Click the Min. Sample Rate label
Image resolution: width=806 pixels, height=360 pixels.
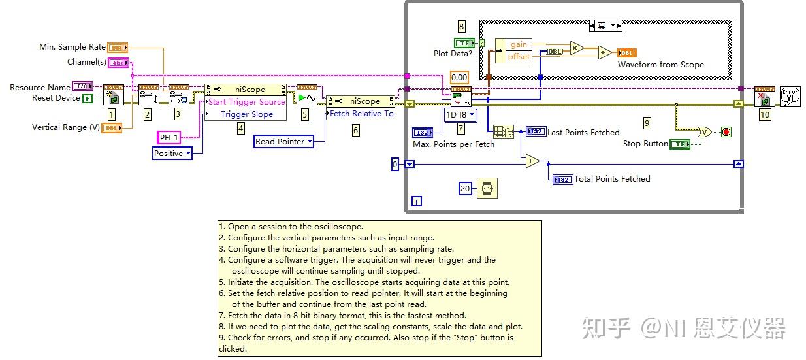73,47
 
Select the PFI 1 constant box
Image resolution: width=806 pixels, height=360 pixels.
169,137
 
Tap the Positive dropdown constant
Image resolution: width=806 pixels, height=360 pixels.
172,154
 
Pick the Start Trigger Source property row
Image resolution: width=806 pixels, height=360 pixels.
246,102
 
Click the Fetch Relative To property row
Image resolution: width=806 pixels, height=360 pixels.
361,114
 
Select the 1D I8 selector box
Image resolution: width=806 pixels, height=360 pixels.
460,115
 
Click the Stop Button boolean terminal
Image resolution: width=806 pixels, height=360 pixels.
681,144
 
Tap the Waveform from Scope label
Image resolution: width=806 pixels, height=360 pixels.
660,65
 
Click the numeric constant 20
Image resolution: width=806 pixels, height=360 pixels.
465,189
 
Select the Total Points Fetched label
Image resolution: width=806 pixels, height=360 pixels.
612,179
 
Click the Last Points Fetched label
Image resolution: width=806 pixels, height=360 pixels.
583,132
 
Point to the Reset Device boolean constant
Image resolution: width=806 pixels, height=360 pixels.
87,98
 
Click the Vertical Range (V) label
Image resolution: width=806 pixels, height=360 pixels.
65,127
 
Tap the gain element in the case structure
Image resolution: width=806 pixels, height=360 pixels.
519,44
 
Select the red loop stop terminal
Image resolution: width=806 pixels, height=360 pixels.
726,132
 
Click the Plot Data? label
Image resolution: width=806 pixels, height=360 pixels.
453,54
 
